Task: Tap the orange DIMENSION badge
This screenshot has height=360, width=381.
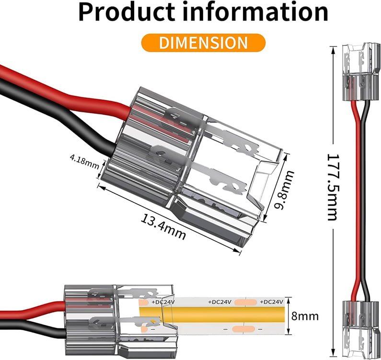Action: tap(204, 42)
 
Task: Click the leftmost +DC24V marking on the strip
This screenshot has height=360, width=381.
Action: tap(163, 302)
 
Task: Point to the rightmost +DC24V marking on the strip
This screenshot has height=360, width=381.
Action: tap(271, 302)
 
